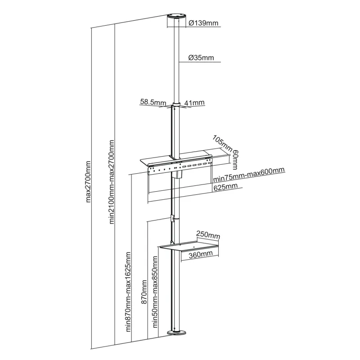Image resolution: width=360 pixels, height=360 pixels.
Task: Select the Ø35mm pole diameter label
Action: [201, 58]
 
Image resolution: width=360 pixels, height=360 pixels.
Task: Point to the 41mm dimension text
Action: [194, 103]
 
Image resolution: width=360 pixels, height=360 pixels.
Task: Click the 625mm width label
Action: [225, 186]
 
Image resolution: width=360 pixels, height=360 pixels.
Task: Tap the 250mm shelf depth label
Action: [208, 235]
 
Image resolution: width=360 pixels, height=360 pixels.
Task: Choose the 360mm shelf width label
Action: [200, 255]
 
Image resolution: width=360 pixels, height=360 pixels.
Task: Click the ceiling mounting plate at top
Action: [176, 21]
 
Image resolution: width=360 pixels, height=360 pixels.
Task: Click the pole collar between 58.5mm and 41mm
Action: [176, 106]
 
